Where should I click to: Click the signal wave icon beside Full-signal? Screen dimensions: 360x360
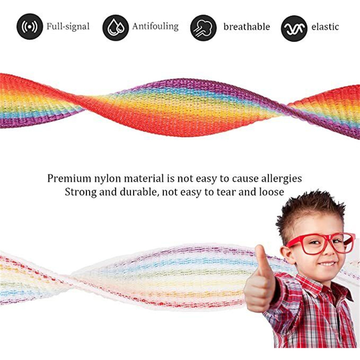(30, 27)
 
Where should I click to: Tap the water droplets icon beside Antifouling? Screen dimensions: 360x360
(115, 28)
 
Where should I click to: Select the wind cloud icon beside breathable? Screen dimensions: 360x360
(203, 28)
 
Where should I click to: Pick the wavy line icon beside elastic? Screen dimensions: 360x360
(294, 28)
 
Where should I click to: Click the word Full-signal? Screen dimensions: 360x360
(68, 26)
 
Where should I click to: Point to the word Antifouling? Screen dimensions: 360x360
(155, 26)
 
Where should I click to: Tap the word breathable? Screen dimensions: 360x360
(247, 27)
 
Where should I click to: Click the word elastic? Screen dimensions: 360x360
(325, 27)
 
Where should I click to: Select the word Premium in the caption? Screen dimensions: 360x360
(69, 179)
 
